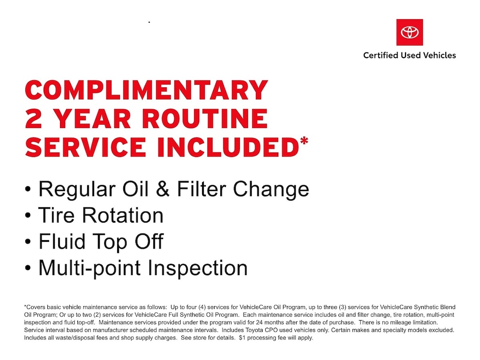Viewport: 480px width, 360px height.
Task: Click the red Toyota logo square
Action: pos(410,32)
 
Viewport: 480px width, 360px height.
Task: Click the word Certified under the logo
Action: pos(381,55)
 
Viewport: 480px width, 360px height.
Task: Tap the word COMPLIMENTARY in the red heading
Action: pos(147,90)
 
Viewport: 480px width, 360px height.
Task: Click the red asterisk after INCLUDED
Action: pos(304,142)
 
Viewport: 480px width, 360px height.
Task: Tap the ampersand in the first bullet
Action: pos(163,189)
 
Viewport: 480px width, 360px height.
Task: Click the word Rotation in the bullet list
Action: pos(123,215)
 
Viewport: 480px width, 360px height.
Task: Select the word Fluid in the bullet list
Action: pos(62,241)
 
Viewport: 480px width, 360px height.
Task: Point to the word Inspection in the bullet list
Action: pos(197,269)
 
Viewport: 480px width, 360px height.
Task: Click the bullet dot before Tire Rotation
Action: pos(28,216)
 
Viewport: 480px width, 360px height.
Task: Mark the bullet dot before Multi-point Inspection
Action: pos(28,269)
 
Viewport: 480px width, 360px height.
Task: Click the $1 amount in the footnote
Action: pos(242,337)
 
